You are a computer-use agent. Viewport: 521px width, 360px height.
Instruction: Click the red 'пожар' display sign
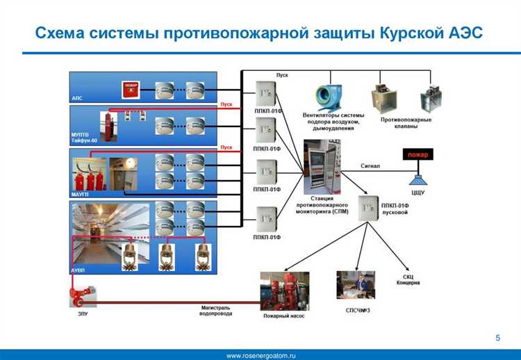pos(417,154)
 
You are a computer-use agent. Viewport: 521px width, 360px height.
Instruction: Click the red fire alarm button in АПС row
pos(130,89)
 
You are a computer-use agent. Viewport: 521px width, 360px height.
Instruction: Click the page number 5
pos(498,337)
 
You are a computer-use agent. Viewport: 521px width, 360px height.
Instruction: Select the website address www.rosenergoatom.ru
pos(261,355)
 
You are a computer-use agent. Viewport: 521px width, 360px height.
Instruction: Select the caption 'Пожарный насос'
pos(283,316)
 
